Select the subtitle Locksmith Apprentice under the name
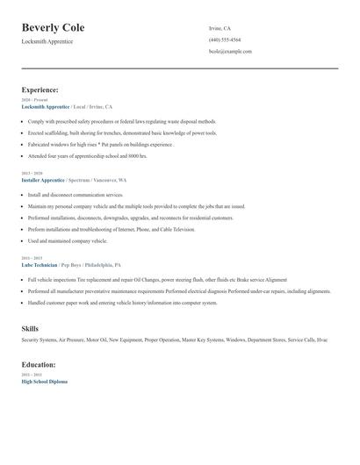(47, 42)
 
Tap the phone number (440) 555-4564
(225, 39)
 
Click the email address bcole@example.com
(230, 51)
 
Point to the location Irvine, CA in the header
(220, 28)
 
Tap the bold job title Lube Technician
(40, 263)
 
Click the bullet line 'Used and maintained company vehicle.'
(67, 240)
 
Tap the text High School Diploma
(44, 382)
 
